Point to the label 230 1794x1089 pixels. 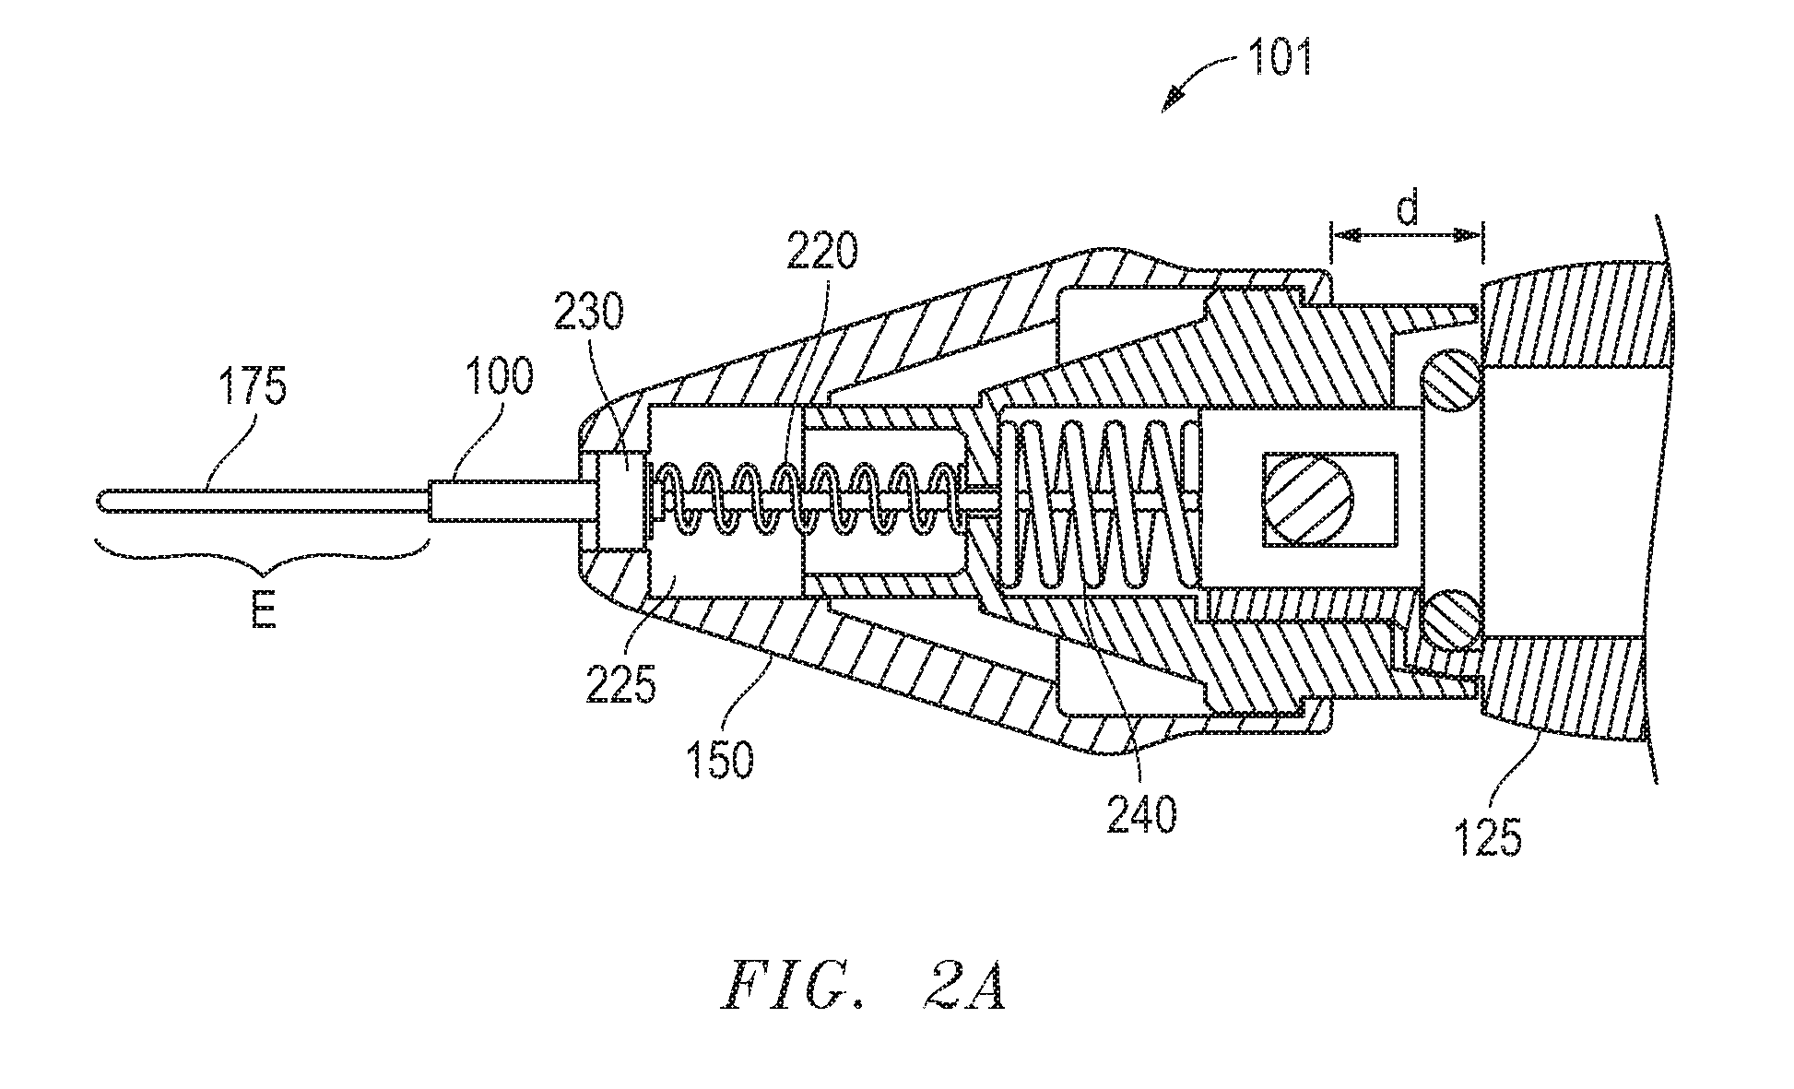point(589,314)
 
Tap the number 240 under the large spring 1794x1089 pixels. point(1141,815)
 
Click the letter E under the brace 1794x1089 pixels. point(265,612)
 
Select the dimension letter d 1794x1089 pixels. point(1407,210)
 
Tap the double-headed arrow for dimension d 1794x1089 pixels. point(1406,237)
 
